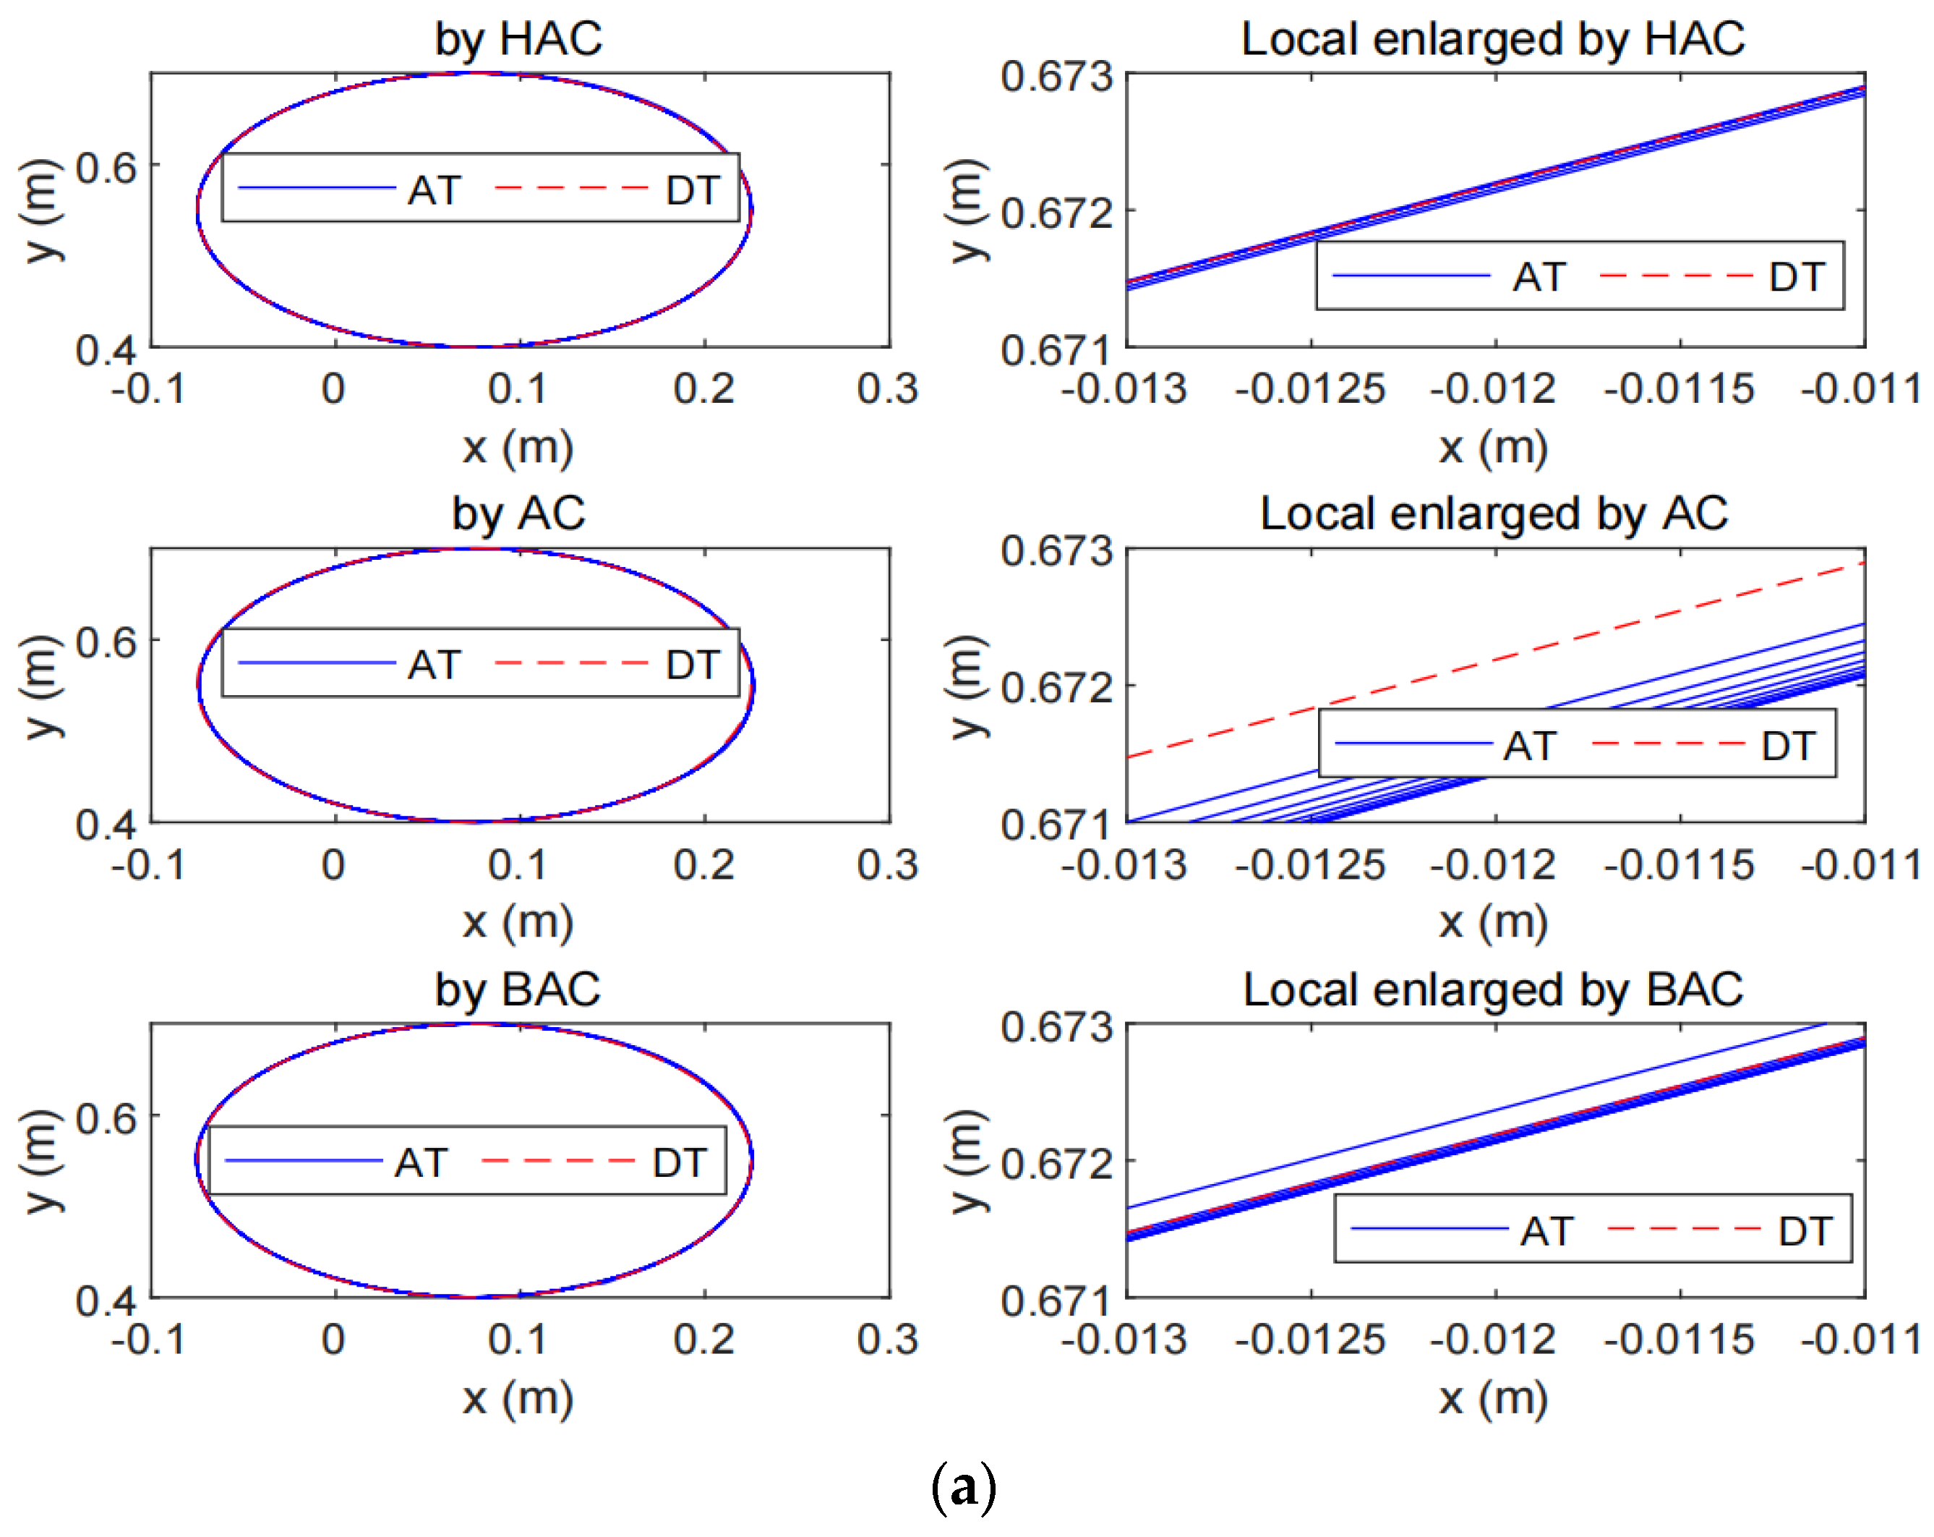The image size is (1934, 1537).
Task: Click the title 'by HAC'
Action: pos(518,40)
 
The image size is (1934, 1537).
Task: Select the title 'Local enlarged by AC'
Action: pos(1494,514)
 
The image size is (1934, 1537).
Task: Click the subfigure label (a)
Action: pos(964,1487)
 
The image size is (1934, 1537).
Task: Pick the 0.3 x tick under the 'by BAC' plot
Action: pos(887,1340)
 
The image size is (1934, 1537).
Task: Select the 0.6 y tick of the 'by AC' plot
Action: pos(106,642)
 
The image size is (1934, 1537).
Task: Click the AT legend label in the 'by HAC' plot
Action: pos(435,190)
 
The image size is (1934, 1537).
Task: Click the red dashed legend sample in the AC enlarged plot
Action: pos(1669,744)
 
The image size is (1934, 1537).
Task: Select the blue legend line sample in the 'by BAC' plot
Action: pos(303,1161)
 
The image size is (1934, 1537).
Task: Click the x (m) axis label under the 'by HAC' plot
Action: pos(518,447)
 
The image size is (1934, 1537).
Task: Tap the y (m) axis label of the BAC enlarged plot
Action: pos(967,1161)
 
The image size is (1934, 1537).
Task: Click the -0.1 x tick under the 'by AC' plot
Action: pos(148,865)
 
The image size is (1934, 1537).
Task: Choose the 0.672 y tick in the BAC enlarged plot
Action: pos(1057,1164)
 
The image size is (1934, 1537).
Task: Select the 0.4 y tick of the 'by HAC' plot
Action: pos(106,350)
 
